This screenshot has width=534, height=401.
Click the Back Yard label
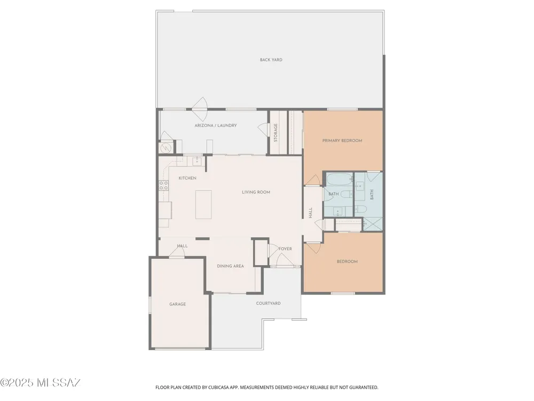271,60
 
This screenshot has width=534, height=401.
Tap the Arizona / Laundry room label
216,126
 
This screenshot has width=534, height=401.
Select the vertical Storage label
276,133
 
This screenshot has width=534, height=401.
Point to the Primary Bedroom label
342,141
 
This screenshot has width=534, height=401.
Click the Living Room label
256,192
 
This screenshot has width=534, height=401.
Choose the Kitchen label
187,178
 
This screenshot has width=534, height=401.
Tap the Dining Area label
231,266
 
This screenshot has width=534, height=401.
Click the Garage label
178,304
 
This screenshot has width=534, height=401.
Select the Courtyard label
269,303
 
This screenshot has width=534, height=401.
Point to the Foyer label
285,249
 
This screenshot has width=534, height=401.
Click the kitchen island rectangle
203,205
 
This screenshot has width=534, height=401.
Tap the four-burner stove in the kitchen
163,186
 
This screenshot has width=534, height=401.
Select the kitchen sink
197,160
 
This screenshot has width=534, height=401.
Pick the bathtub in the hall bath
339,180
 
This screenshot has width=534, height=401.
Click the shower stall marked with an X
372,223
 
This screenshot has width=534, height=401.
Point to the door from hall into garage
177,252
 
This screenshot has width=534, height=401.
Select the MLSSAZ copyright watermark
40,383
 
